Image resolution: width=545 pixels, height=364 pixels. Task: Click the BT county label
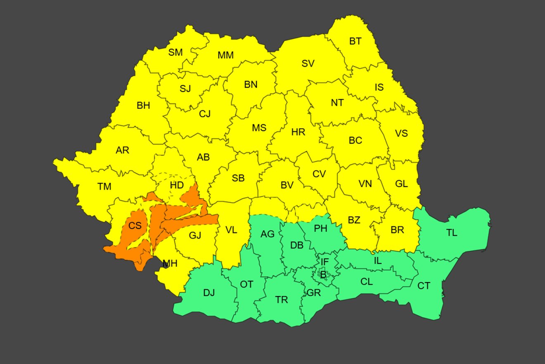355,41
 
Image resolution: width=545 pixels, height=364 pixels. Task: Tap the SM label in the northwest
175,53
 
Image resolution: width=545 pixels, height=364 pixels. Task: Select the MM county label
225,55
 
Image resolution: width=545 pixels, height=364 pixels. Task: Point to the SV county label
308,64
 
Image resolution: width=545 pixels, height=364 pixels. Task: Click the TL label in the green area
452,232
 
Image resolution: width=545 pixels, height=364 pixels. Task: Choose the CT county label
424,286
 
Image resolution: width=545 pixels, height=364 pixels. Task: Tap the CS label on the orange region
135,226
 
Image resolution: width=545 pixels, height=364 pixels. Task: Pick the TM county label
104,187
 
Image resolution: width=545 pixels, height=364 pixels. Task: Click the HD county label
177,185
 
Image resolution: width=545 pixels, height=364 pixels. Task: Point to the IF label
325,262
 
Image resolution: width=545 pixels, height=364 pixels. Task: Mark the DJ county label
209,293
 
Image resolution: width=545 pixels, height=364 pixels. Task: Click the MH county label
170,263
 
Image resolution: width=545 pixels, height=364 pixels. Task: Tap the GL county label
401,184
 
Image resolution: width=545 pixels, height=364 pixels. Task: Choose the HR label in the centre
298,132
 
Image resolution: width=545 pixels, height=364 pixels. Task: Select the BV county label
287,185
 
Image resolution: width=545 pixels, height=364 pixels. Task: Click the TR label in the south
282,300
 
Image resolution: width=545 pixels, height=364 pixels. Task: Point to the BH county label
143,105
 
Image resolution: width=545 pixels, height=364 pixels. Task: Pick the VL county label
232,230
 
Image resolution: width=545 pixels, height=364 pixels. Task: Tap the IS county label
379,87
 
